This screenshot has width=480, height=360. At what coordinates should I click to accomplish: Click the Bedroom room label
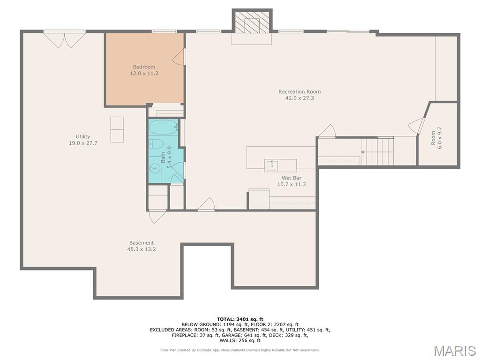click(144, 67)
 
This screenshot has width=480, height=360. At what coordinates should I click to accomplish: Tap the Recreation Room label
click(300, 91)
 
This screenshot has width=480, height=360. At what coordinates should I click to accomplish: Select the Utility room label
click(83, 136)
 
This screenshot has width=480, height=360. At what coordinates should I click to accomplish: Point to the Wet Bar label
click(292, 178)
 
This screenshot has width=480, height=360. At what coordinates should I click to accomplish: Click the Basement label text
click(142, 243)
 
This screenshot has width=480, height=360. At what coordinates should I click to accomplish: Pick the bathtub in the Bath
click(164, 127)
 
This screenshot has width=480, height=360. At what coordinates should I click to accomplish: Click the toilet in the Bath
click(157, 143)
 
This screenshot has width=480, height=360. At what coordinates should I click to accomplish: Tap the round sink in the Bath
click(155, 168)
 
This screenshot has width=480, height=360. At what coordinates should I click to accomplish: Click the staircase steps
click(377, 151)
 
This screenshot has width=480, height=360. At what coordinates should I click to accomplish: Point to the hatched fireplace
click(252, 22)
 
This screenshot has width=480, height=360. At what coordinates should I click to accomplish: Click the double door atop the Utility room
click(64, 39)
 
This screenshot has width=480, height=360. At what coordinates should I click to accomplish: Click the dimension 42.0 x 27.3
click(300, 98)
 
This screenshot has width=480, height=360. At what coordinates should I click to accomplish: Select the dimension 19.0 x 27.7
click(83, 143)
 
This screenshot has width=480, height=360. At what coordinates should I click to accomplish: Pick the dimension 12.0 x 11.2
click(144, 74)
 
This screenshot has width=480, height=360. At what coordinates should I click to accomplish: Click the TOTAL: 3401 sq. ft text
click(240, 319)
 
